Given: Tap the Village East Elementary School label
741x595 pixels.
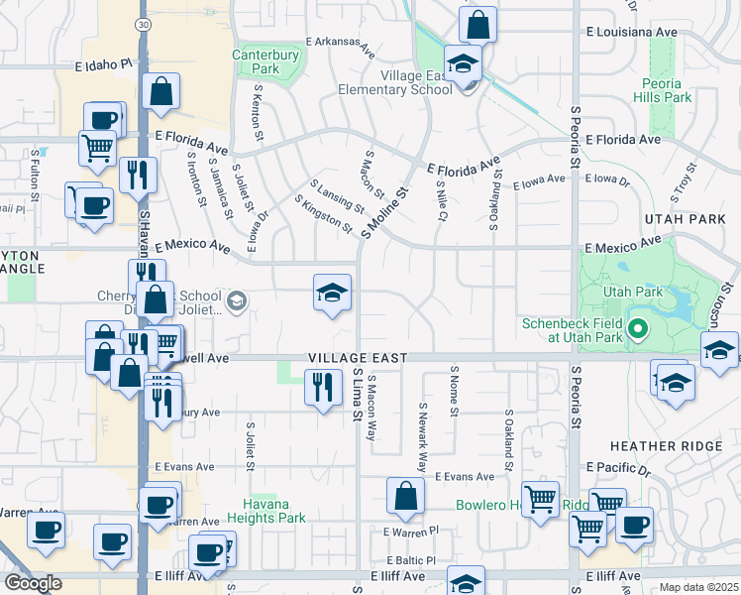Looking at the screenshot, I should pos(406,81).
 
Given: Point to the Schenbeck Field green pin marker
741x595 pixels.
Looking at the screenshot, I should pos(637,327).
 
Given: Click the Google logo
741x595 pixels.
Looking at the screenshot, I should pos(32,583).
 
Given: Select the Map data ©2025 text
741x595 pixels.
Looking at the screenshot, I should pos(699,587).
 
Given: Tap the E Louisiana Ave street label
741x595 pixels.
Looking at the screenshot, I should pos(630,32).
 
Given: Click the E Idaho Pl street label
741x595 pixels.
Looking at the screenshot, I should pos(95,63).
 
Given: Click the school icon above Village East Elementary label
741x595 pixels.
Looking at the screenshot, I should pos(461,64).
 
